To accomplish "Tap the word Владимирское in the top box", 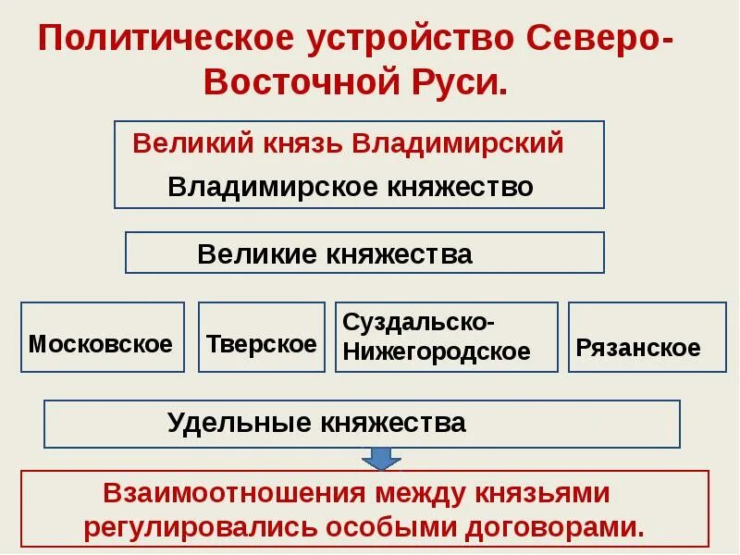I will click(261, 187).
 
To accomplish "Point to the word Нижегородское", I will click(436, 351).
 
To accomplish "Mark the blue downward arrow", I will click(380, 458).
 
